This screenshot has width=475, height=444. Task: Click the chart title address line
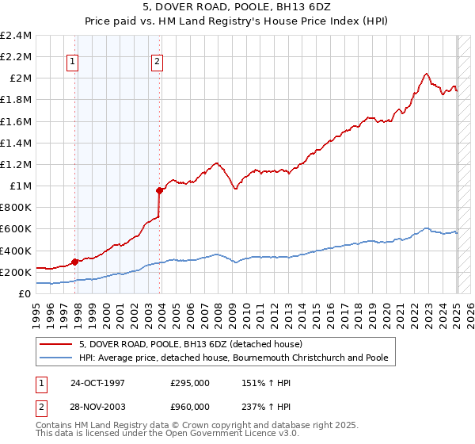click(x=237, y=8)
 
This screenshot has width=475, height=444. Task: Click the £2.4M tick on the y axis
click(x=16, y=36)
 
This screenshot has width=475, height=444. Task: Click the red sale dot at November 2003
click(x=160, y=190)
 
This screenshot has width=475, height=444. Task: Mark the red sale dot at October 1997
click(x=75, y=262)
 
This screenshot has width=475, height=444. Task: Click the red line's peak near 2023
click(x=426, y=74)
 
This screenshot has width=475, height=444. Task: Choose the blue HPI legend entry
click(x=234, y=358)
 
